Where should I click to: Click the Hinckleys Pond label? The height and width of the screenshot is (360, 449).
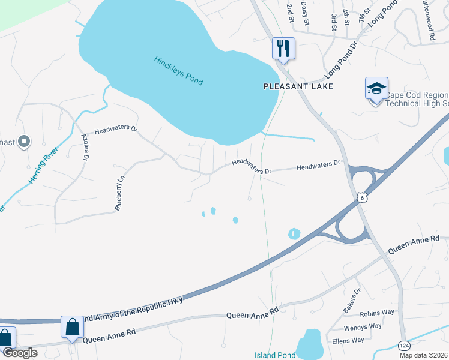tap(179, 70)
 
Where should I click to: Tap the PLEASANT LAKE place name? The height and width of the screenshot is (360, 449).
tap(298, 86)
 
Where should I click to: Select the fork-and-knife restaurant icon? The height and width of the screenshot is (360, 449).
tap(283, 47)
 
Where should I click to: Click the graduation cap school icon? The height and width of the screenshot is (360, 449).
tap(376, 89)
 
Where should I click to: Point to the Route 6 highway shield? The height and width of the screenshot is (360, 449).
tap(360, 197)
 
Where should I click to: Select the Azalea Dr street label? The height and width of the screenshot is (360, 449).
tap(85, 147)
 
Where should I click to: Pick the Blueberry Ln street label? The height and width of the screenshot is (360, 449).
tap(121, 193)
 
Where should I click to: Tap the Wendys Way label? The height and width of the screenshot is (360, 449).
tap(363, 327)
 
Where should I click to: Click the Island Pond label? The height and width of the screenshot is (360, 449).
tap(275, 355)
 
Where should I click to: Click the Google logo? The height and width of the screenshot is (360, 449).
tap(19, 353)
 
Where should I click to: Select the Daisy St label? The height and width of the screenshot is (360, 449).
tap(305, 13)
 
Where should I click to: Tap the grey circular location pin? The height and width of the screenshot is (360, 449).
tap(24, 142)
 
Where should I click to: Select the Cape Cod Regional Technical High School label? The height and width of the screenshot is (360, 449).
tap(416, 99)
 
